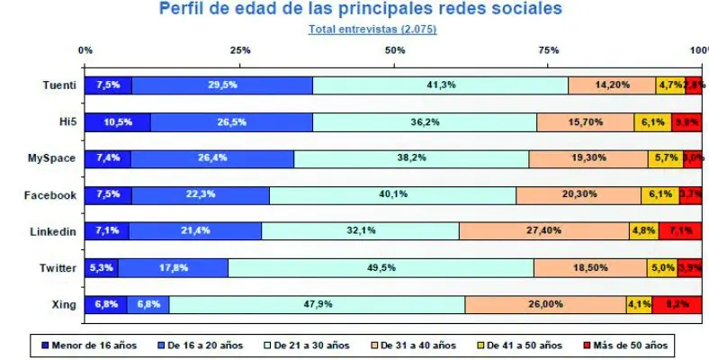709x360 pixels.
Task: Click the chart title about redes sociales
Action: pyautogui.click(x=361, y=10)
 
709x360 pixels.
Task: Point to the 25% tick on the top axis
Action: pyautogui.click(x=240, y=49)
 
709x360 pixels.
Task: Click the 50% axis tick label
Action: pyautogui.click(x=394, y=49)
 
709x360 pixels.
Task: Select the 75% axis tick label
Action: pyautogui.click(x=548, y=49)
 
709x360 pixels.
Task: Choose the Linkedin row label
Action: pyautogui.click(x=54, y=231)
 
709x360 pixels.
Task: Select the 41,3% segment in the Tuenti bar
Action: pyautogui.click(x=440, y=85)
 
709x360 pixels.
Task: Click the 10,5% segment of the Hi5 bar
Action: pyautogui.click(x=118, y=122)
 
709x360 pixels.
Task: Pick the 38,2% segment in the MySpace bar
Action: pyautogui.click(x=411, y=158)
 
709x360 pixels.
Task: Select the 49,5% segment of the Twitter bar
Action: pyautogui.click(x=381, y=267)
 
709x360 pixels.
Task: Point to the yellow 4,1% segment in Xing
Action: pyautogui.click(x=639, y=304)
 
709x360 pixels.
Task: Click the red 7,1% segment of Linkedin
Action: pyautogui.click(x=681, y=231)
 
